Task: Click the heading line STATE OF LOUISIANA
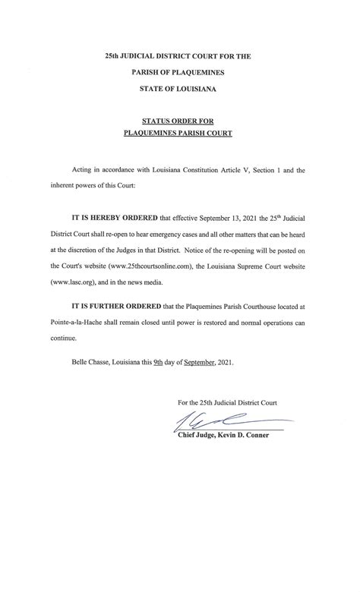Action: point(180,89)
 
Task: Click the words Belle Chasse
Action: point(87,364)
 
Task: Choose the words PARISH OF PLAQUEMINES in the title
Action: point(180,72)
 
